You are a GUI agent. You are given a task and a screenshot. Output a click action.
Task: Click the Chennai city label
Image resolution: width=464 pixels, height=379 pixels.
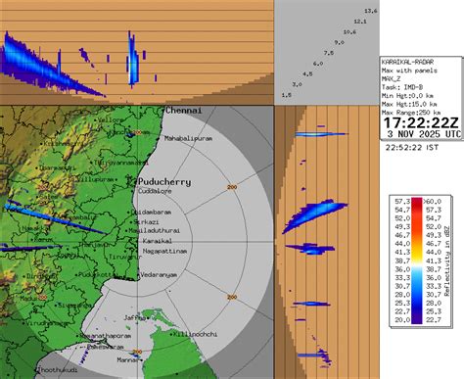183,111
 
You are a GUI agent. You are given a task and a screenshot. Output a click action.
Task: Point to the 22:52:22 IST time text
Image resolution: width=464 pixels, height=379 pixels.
421,148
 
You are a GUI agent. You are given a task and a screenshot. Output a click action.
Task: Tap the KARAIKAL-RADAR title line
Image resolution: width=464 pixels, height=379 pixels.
410,62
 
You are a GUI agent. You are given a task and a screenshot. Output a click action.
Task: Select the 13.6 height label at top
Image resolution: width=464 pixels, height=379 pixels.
371,10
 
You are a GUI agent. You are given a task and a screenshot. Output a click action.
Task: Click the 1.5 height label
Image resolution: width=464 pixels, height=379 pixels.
286,95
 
